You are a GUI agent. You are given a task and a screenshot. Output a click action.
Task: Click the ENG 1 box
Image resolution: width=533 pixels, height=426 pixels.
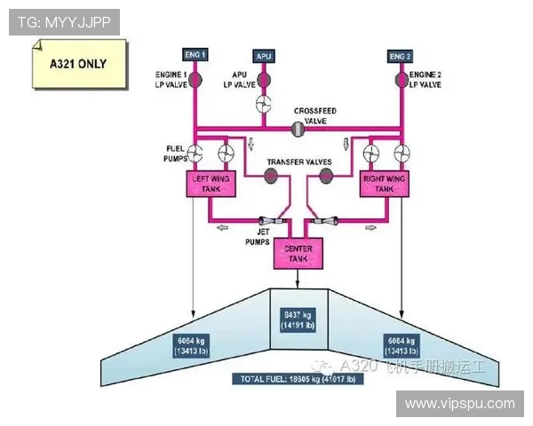tap(195, 55)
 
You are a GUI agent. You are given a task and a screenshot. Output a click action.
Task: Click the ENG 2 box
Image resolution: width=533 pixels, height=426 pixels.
tap(401, 56)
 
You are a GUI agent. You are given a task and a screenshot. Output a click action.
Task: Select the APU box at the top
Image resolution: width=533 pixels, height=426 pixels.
tap(264, 56)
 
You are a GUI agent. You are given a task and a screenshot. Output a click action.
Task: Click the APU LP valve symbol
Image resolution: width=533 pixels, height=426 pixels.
tap(264, 81)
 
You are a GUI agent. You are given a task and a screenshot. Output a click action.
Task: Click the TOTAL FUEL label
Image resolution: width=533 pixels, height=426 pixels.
tap(298, 379)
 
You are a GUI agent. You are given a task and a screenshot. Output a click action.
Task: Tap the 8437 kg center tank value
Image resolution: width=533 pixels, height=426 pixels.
tap(297, 319)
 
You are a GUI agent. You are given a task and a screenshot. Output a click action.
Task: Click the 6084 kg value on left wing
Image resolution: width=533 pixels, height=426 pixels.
tap(192, 344)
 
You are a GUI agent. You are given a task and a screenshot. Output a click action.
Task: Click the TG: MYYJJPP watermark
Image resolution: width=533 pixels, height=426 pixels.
tap(64, 22)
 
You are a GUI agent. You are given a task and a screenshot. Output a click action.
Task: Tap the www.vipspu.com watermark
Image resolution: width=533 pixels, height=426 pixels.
tap(460, 404)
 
